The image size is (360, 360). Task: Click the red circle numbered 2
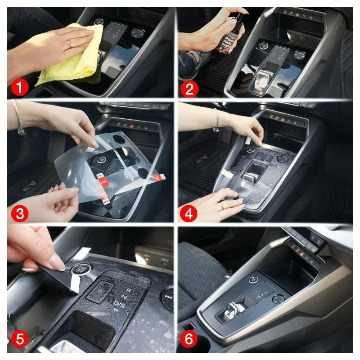click(x=189, y=88)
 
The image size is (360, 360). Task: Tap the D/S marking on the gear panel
click(x=120, y=305)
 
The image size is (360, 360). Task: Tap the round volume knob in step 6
click(x=279, y=299)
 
